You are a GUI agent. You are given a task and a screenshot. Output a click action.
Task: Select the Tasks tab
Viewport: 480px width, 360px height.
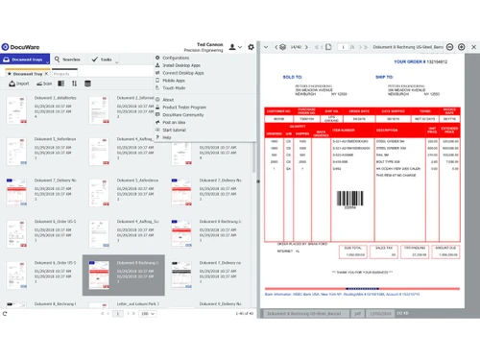tap(104, 59)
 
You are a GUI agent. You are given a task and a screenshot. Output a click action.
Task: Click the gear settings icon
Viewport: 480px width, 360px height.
tap(250, 46)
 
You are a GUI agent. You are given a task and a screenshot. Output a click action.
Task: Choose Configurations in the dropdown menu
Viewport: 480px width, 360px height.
tap(178, 57)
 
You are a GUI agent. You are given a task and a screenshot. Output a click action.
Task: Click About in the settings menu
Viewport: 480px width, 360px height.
tap(169, 99)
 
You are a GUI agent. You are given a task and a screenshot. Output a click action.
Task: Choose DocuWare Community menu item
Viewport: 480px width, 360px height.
tap(185, 115)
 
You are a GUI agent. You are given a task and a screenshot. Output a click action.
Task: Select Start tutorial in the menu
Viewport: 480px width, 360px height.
tap(177, 130)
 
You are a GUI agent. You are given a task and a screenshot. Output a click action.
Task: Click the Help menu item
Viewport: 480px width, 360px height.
tap(167, 137)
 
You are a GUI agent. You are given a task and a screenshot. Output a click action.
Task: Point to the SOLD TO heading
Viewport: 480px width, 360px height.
tap(293, 76)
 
